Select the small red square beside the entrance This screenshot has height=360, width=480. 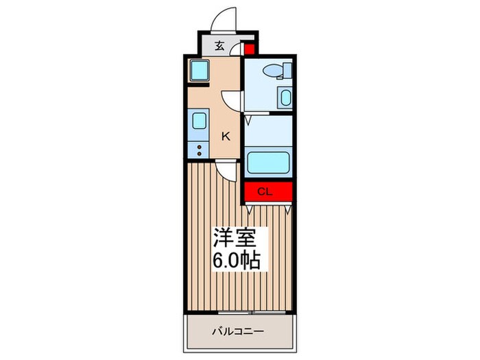coord(250,49)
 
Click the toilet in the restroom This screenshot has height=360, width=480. coord(276,71)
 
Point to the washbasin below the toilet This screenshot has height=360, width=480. coord(285,97)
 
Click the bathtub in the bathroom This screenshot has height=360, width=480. coord(268,163)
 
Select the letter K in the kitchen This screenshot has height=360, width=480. coord(224,136)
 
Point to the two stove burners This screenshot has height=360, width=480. coord(199,149)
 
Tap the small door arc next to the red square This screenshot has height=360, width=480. coord(238,49)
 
